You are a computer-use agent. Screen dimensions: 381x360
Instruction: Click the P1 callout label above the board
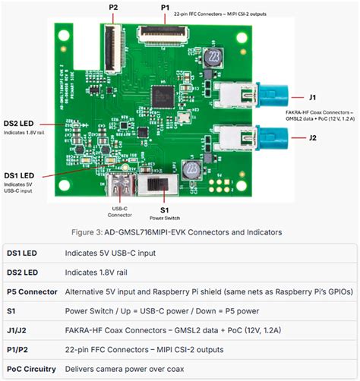[165, 8]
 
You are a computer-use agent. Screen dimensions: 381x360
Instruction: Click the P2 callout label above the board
[113, 8]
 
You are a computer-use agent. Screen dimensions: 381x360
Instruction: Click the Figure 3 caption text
[179, 231]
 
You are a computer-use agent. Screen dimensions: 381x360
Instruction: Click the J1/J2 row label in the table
[21, 329]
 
